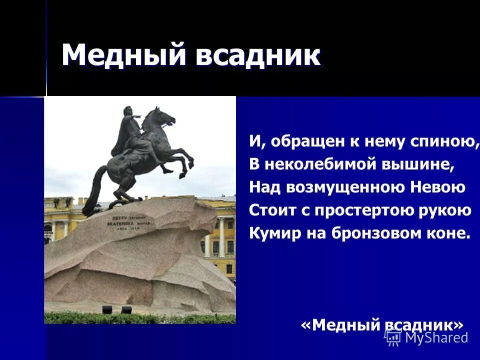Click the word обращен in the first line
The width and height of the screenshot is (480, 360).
point(306,142)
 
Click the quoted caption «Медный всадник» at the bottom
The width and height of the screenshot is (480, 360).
point(382,325)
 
